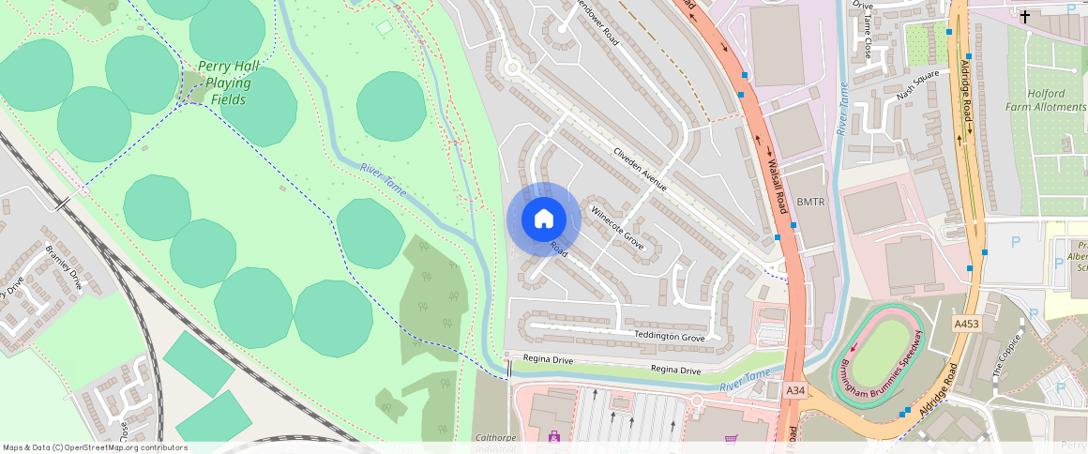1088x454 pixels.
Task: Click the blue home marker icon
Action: (543, 219)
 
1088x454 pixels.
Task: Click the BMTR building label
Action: (809, 202)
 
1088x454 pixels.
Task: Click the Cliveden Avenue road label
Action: (640, 169)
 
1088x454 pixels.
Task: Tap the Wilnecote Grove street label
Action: (617, 226)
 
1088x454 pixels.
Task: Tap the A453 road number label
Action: (966, 324)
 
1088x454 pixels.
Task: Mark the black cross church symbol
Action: (1025, 17)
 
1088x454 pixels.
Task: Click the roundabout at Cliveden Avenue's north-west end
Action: (512, 68)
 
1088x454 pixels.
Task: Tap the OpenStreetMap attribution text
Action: (95, 447)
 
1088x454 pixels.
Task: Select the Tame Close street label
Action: (869, 42)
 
